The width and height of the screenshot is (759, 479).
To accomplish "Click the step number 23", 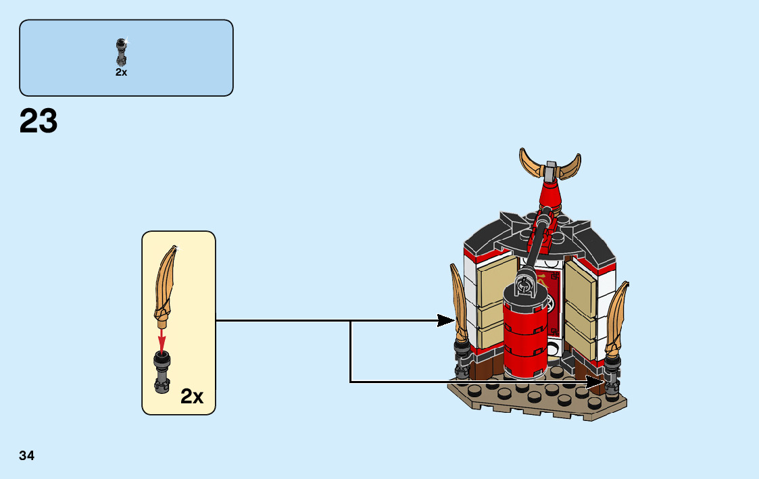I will point(39,122).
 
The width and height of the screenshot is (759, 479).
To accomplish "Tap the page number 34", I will point(27,455).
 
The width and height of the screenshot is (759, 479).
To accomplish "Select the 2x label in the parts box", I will point(121,72).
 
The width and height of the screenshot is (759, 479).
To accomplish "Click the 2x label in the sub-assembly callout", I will point(192,397).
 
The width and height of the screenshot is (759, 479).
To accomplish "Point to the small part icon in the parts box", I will point(122,51).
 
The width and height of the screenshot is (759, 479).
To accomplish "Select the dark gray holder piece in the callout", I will point(162,372).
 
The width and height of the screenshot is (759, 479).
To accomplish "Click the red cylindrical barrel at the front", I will point(524,338).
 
